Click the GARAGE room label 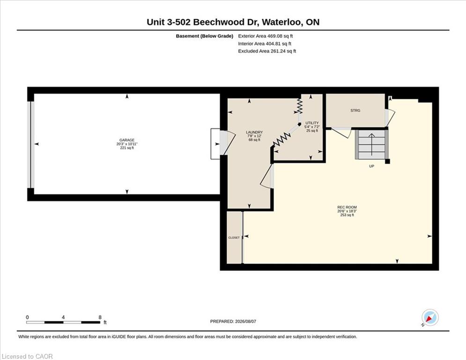coord(127,140)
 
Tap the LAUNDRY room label coord(254,132)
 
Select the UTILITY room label coord(312,123)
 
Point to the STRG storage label coord(355,110)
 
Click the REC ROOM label coord(347,207)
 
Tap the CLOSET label coord(234,238)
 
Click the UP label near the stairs coord(371,166)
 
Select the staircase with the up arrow coord(371,144)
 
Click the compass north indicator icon coord(430,317)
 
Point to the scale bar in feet coord(63,322)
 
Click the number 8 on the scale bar coord(100,317)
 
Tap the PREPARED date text coord(233,321)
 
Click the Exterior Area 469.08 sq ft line coord(266,36)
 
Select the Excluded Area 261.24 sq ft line coord(267,51)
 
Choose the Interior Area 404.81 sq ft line coord(265,44)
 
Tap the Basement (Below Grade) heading coord(205,36)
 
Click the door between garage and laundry coord(227,143)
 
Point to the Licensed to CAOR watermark coord(27,356)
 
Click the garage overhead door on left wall coord(30,144)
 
